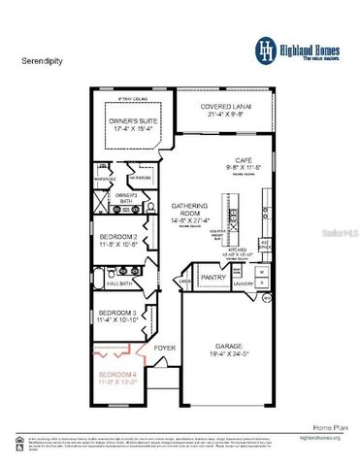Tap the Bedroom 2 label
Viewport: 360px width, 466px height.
click(x=120, y=237)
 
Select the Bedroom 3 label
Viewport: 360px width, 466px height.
click(x=118, y=313)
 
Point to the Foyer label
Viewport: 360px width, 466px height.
click(x=164, y=345)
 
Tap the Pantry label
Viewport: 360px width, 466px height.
click(x=213, y=277)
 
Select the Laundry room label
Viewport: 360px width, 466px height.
click(x=244, y=284)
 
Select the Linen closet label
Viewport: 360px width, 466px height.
click(x=184, y=282)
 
